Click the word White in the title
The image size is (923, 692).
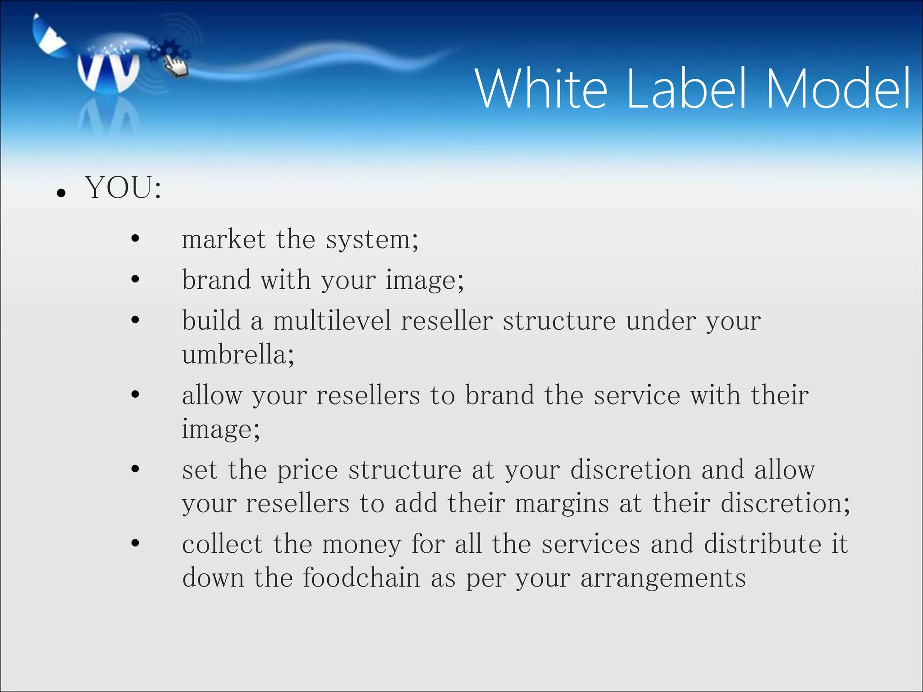[x=541, y=89]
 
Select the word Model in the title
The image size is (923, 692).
[x=838, y=89]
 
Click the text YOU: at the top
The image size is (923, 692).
[x=123, y=188]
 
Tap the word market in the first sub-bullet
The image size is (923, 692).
[x=224, y=239]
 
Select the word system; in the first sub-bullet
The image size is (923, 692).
[x=372, y=240]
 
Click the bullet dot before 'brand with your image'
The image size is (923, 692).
[x=135, y=279]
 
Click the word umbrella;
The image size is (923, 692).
[x=238, y=355]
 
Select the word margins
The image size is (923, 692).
[x=562, y=504]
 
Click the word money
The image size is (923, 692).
[x=361, y=545]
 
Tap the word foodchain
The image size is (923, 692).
[x=361, y=578]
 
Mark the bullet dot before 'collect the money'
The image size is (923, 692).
[x=135, y=543]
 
